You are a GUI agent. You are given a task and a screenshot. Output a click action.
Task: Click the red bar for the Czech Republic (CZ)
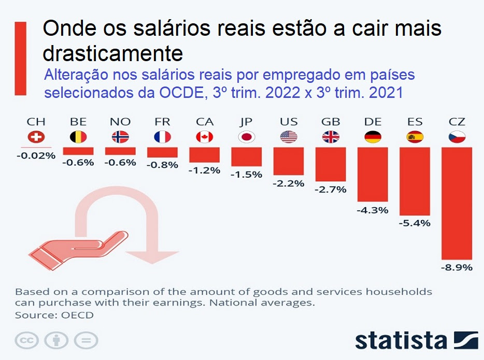(x=457, y=203)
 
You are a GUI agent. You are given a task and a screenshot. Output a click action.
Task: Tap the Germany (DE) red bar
(x=373, y=174)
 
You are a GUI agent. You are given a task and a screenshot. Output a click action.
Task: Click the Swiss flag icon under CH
(x=36, y=137)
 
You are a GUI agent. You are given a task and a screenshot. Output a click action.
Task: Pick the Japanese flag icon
(x=246, y=137)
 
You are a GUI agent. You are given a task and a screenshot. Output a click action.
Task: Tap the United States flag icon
(x=288, y=137)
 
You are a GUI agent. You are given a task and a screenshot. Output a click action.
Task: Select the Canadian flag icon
(x=204, y=137)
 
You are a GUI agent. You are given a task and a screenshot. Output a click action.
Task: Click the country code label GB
(x=330, y=122)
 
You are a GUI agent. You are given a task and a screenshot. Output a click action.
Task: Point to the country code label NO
(x=120, y=122)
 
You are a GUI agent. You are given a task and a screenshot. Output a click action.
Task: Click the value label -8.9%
(x=457, y=268)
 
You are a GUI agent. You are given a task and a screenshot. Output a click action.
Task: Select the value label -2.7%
(x=330, y=190)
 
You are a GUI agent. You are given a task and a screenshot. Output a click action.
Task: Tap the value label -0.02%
(x=36, y=155)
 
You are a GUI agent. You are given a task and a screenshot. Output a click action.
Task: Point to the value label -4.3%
(x=373, y=210)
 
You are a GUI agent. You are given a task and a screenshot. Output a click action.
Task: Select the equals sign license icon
(x=86, y=340)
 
